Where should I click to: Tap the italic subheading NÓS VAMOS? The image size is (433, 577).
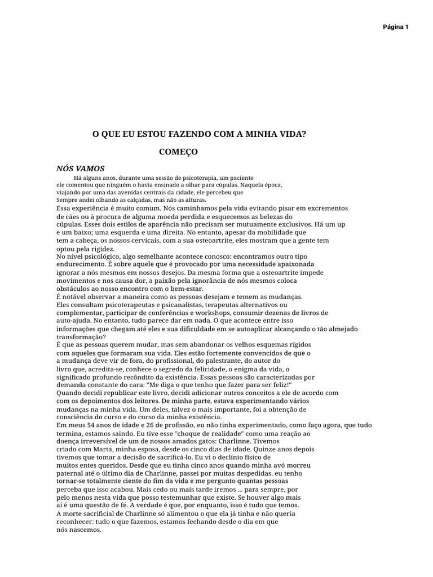tap(81, 168)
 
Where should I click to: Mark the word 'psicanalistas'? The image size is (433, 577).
tap(157, 305)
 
